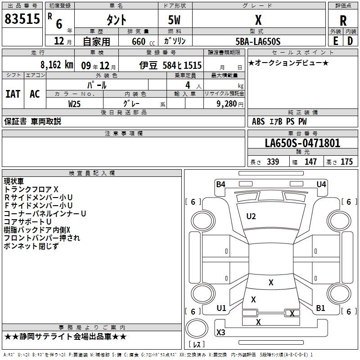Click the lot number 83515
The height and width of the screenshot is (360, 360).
click(22, 18)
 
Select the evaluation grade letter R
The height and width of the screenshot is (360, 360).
click(343, 21)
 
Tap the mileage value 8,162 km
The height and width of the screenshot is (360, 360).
click(57, 65)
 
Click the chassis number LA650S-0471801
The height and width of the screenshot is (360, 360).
click(302, 143)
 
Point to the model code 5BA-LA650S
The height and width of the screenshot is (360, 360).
click(258, 41)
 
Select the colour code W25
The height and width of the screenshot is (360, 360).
click(74, 104)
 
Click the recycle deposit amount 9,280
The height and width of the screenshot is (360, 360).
click(227, 104)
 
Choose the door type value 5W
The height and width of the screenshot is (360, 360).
click(174, 20)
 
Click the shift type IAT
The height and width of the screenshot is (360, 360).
click(13, 94)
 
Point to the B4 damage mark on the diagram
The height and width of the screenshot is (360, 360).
click(220, 184)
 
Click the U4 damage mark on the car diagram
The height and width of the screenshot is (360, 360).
click(321, 184)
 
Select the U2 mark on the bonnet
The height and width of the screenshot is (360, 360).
click(251, 216)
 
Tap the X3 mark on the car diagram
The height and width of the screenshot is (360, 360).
click(220, 332)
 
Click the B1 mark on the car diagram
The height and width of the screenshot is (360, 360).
click(320, 308)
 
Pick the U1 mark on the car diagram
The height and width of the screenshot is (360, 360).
click(221, 308)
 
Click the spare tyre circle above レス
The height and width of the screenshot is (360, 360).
click(197, 328)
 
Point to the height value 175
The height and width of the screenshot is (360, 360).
click(346, 162)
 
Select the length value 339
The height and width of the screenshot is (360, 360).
click(273, 162)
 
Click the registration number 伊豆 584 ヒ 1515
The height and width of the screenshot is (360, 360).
click(171, 65)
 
